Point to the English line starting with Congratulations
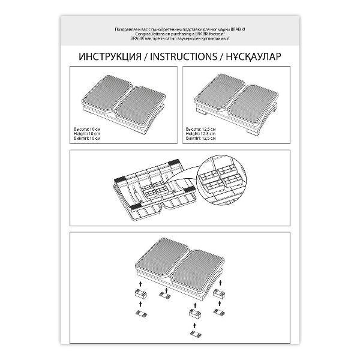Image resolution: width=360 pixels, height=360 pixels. pos(180,35)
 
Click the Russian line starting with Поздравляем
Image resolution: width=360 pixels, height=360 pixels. pos(180,29)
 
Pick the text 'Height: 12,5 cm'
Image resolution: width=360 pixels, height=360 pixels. pos(202,134)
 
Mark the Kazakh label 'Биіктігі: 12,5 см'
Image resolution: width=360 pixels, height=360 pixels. pos(202,138)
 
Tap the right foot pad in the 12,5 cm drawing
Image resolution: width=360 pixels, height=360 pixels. pos(253,100)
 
